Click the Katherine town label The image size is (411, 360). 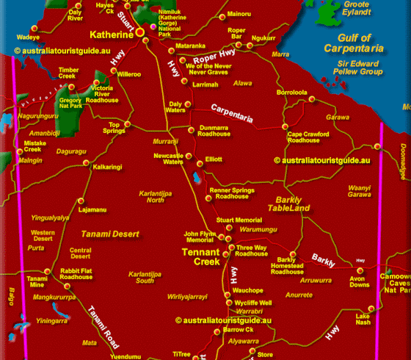(111, 35)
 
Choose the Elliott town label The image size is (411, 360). (214, 159)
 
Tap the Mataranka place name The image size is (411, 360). (190, 46)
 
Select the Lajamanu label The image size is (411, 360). (92, 209)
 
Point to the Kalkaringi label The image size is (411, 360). (108, 167)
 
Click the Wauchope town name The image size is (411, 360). (249, 291)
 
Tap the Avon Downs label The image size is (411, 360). (359, 283)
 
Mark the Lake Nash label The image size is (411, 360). (363, 320)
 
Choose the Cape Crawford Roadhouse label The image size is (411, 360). (307, 137)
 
